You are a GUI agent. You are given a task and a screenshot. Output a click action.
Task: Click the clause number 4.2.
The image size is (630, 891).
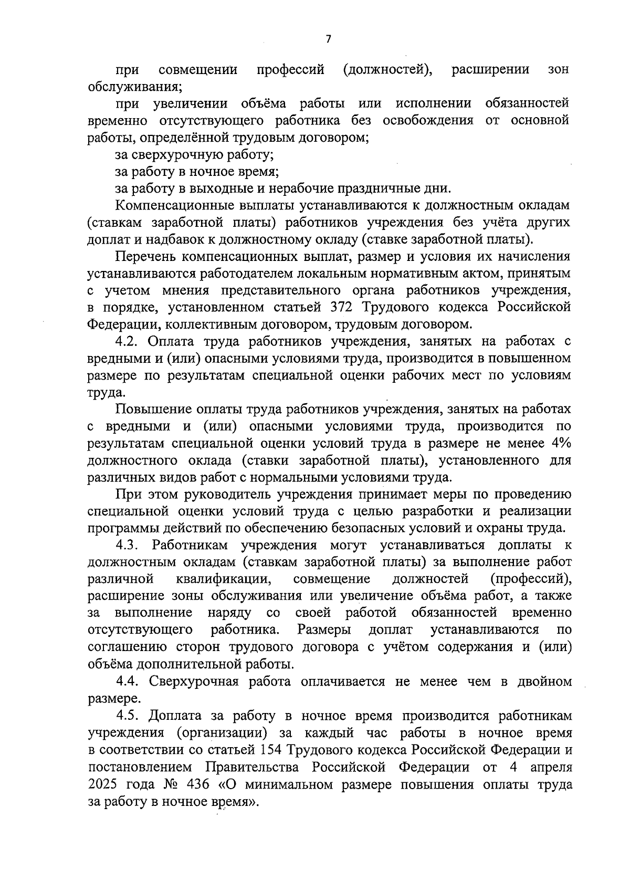coord(126,341)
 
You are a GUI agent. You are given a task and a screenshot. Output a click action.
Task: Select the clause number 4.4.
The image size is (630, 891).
coord(127,682)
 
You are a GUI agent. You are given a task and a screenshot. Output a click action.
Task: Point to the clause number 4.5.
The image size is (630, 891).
coord(127,716)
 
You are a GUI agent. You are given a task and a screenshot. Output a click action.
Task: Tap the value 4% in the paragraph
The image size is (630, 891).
coord(559,443)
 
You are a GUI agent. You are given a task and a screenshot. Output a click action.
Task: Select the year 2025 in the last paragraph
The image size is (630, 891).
coord(105,785)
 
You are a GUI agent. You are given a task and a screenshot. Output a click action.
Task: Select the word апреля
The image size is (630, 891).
coord(549,767)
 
